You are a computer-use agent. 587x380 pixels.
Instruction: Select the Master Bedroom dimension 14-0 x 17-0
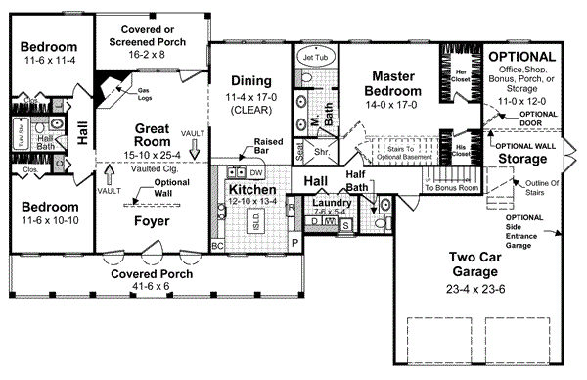(394, 106)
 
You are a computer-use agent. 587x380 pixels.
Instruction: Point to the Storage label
(521, 158)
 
